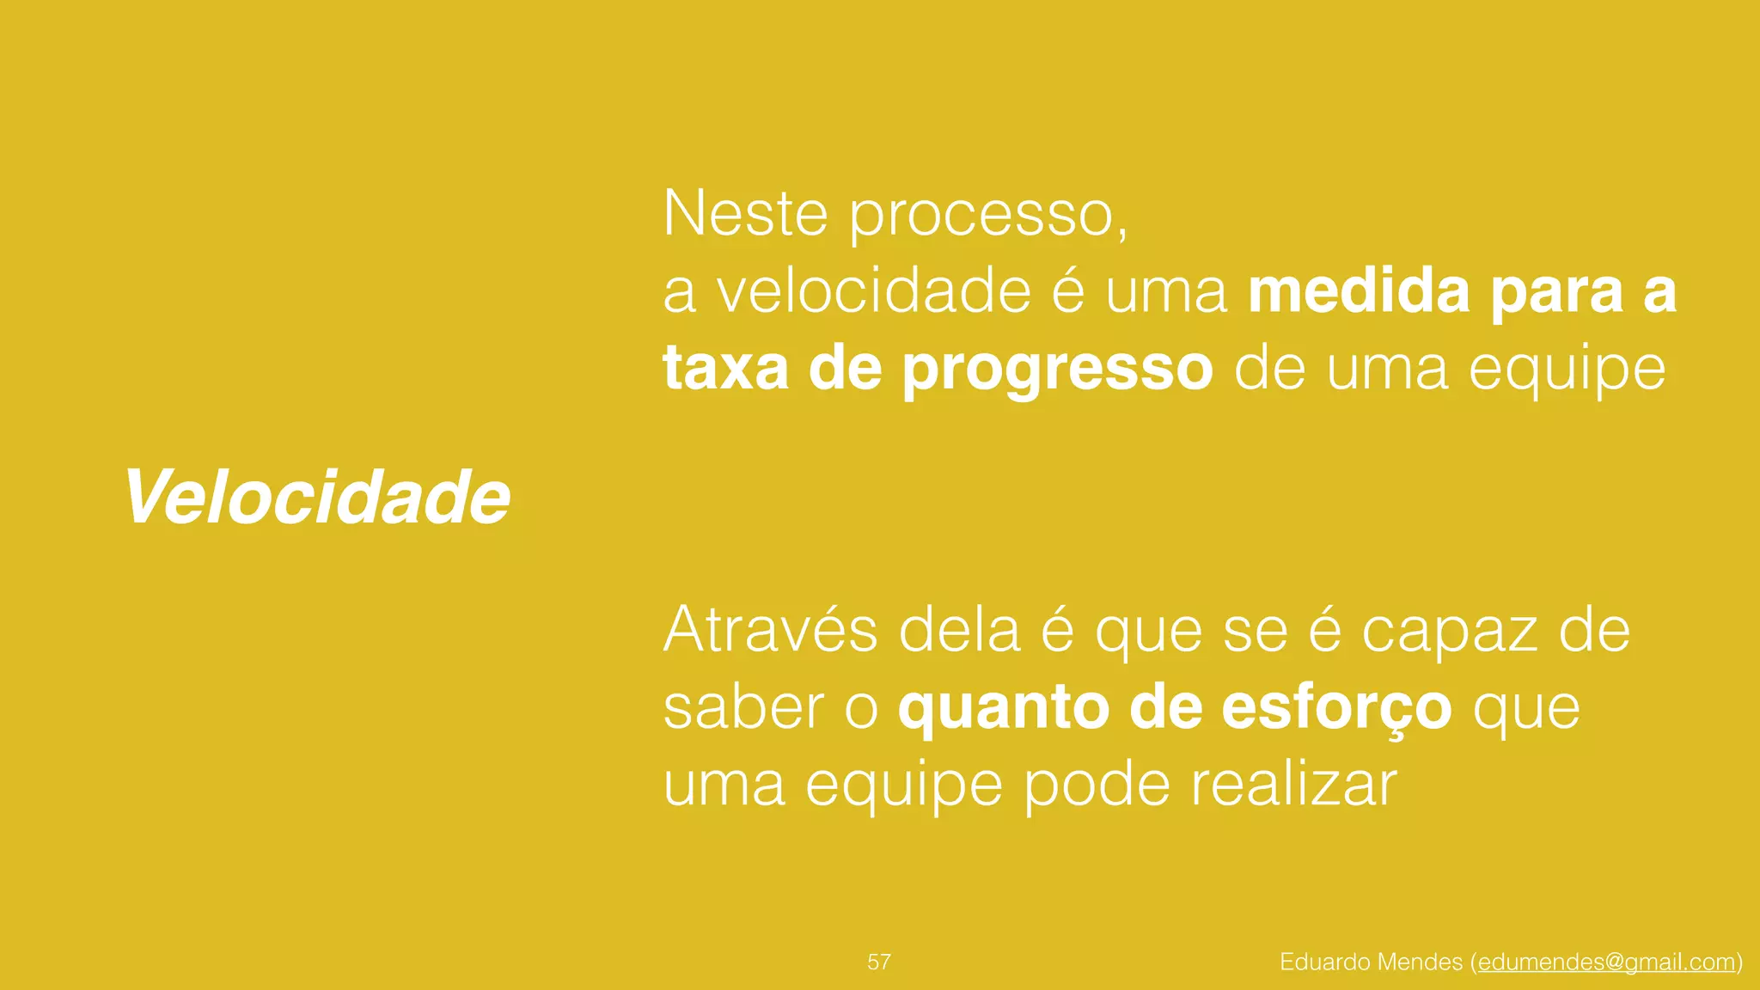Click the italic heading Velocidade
click(x=317, y=498)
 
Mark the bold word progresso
click(x=1057, y=370)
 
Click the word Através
click(x=770, y=630)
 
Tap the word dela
click(x=959, y=630)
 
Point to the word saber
click(x=743, y=707)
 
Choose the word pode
click(x=1097, y=785)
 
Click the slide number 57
click(x=879, y=962)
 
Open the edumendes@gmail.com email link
click(x=1606, y=962)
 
